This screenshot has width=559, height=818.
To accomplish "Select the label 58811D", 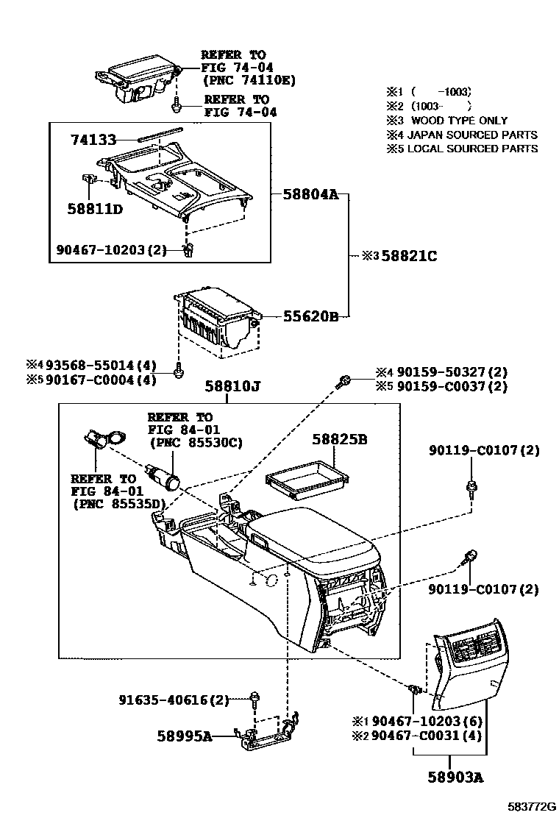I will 96,208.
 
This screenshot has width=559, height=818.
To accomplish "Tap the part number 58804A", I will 310,195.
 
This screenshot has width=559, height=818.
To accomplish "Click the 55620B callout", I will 310,316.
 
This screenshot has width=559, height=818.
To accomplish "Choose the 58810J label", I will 229,385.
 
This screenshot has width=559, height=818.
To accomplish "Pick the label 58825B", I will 339,440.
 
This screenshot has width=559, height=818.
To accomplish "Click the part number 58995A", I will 184,735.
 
